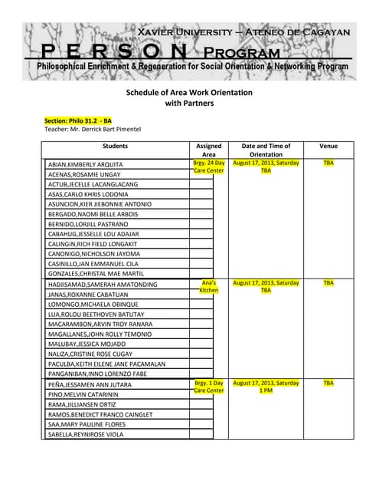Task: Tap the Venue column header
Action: pos(328,145)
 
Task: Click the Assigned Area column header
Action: pos(209,150)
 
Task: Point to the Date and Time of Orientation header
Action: pos(266,150)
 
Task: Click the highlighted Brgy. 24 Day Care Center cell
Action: pos(209,166)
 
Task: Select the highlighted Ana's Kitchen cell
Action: pos(209,287)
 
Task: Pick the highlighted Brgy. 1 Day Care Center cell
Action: pos(209,386)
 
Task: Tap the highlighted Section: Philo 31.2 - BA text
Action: pos(78,120)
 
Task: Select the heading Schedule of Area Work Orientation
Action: pos(188,92)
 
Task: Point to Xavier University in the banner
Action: pos(184,32)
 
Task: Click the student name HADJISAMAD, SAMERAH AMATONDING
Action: pos(103,285)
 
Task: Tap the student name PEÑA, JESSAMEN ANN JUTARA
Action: pos(90,384)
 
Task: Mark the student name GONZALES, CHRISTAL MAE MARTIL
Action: pos(96,274)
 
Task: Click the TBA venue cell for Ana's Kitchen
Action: pos(328,282)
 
